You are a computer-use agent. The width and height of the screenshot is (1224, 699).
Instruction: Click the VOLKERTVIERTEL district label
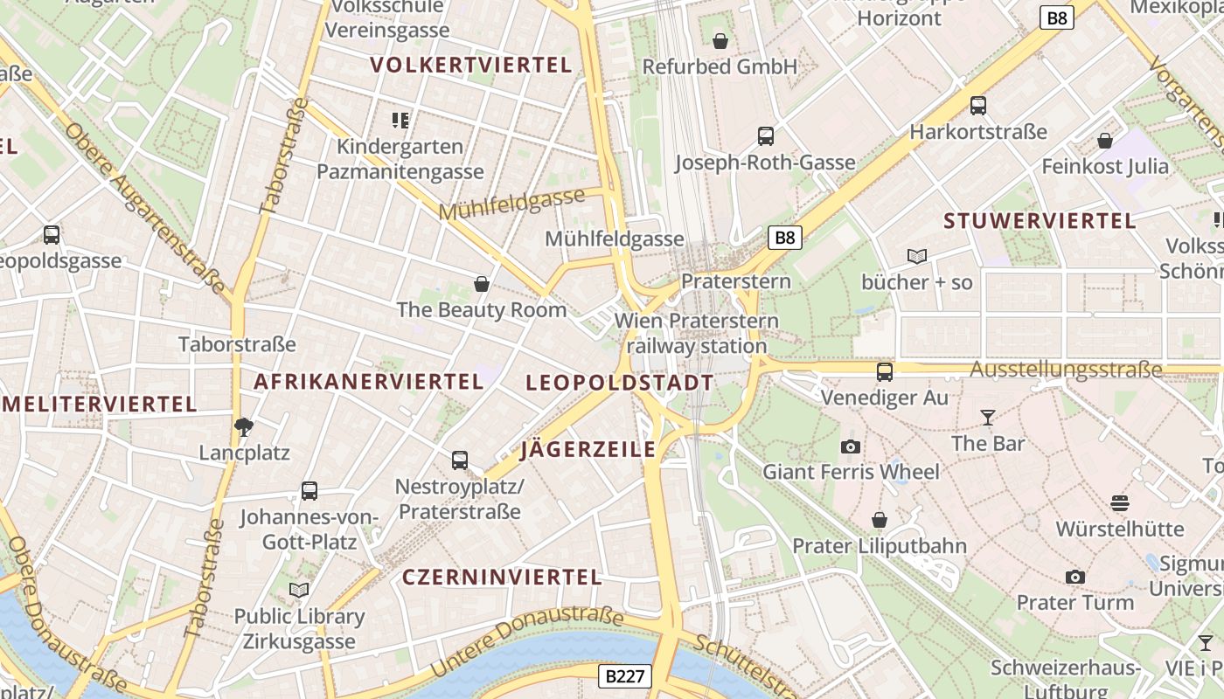tap(470, 65)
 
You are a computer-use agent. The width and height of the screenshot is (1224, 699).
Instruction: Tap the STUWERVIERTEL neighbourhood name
tap(1040, 221)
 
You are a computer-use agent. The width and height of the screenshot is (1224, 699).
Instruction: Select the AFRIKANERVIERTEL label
tap(368, 382)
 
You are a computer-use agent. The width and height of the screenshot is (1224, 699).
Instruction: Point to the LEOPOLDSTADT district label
tap(620, 383)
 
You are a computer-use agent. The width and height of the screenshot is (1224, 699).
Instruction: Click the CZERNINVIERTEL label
tap(502, 577)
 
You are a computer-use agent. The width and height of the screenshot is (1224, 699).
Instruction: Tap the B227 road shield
tap(625, 675)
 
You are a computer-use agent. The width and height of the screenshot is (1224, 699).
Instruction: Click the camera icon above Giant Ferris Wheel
tap(850, 446)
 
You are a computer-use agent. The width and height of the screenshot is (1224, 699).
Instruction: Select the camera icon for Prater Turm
tap(1075, 577)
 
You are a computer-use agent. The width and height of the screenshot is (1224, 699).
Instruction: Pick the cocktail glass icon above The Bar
tap(988, 418)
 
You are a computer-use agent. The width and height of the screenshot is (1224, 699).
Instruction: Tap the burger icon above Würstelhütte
tap(1120, 502)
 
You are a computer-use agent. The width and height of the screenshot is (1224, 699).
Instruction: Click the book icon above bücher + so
tap(916, 256)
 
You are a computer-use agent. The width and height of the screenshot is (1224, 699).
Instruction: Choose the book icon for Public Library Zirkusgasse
tap(299, 590)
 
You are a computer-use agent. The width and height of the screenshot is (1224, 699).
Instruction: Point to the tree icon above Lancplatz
tap(244, 426)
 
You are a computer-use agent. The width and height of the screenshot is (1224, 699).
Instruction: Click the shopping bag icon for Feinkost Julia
tap(1105, 140)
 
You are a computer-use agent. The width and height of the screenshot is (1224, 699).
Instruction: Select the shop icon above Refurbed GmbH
tap(720, 41)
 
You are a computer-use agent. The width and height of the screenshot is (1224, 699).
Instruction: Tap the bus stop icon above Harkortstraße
tap(978, 106)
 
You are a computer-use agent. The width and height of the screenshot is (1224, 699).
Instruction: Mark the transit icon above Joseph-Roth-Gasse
tap(765, 136)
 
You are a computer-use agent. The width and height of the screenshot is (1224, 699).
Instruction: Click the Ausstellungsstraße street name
tap(1066, 369)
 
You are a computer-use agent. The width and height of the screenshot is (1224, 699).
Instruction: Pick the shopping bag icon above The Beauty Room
tap(481, 284)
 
